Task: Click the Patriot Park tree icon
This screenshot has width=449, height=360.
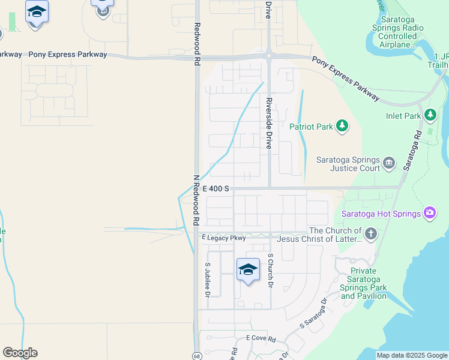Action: coord(342,126)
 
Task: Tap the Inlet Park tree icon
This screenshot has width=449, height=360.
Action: coord(430,115)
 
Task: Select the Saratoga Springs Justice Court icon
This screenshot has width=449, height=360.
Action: coord(388,163)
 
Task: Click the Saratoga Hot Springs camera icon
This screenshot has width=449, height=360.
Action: coord(429,212)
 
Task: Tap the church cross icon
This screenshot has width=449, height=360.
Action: coord(371,233)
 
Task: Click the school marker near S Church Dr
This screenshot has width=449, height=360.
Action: coord(248,270)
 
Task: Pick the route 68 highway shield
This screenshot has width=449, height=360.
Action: coord(197,356)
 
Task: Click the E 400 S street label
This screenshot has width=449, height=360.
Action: coord(215,188)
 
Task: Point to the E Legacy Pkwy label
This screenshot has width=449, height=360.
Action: coord(224,238)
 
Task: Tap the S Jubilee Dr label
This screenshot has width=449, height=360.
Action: coord(208,280)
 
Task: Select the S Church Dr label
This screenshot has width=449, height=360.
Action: coord(271,271)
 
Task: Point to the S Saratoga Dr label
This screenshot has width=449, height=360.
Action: coord(314,313)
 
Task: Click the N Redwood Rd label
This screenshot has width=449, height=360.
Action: coord(196,200)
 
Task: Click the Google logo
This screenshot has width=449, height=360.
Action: coord(20,353)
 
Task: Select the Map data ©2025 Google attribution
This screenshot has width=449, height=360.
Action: coord(411,356)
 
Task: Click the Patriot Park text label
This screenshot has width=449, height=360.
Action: coord(310,127)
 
